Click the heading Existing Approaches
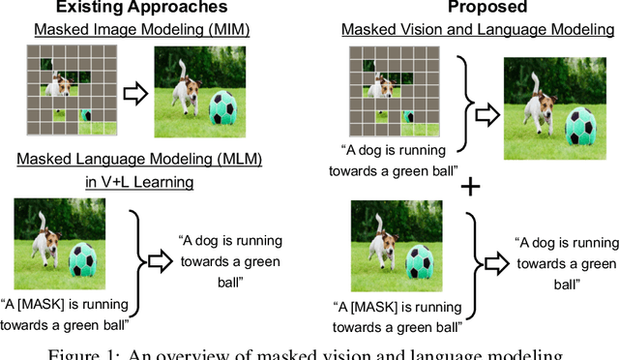(x=117, y=9)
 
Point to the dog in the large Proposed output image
(x=534, y=102)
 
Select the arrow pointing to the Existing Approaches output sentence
(x=160, y=258)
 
